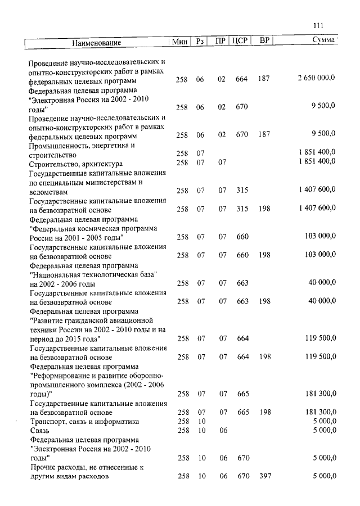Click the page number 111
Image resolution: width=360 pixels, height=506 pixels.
pos(318,25)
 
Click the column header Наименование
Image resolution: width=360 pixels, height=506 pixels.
pos(97,42)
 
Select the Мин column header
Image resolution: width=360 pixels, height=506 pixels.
pos(179,42)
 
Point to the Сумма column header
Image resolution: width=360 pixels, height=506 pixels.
pos(323,41)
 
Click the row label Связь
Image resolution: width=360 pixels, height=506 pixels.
pos(39,430)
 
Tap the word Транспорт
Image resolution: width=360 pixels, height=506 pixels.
pos(52,421)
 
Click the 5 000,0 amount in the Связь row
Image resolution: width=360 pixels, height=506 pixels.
pos(323,430)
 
